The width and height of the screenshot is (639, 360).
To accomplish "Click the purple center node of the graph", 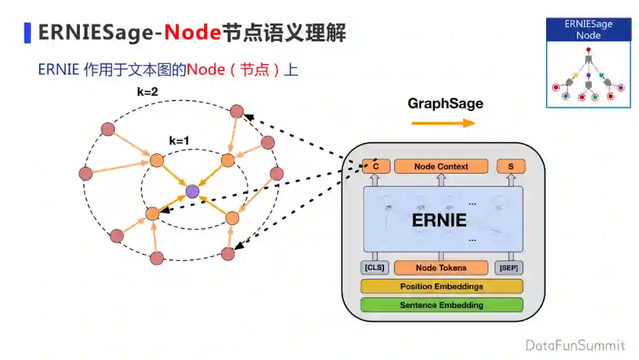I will pyautogui.click(x=192, y=191).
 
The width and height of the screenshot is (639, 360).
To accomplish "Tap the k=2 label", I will pyautogui.click(x=147, y=92).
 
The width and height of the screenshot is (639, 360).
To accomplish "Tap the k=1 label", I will pyautogui.click(x=180, y=141).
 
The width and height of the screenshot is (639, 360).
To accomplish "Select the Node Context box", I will pyautogui.click(x=441, y=166).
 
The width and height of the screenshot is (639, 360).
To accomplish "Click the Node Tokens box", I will pyautogui.click(x=441, y=268).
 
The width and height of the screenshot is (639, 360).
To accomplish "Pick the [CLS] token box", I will pyautogui.click(x=375, y=268).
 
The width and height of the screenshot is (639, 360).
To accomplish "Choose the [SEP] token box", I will pyautogui.click(x=509, y=268).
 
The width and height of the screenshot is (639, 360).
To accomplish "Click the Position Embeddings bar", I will pyautogui.click(x=441, y=287).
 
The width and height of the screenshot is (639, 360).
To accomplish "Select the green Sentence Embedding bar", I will pyautogui.click(x=441, y=305).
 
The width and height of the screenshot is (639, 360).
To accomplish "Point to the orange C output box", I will pyautogui.click(x=376, y=166).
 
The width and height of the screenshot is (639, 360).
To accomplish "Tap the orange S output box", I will pyautogui.click(x=511, y=166).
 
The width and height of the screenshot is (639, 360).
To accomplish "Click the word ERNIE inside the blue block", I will pyautogui.click(x=439, y=220).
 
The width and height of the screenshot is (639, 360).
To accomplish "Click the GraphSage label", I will pyautogui.click(x=445, y=104).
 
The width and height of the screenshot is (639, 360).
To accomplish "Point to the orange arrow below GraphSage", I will pyautogui.click(x=443, y=123).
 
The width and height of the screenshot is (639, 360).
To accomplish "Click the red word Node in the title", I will pyautogui.click(x=192, y=33).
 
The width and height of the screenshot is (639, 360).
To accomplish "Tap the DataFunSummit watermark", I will pyautogui.click(x=575, y=345).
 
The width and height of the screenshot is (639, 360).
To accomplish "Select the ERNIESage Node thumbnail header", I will pyautogui.click(x=588, y=30).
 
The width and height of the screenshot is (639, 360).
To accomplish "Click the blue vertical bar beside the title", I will pyautogui.click(x=27, y=33).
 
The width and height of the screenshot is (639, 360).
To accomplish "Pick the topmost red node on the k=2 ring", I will pyautogui.click(x=237, y=111).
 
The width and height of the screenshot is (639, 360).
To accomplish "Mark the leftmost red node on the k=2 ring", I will pyautogui.click(x=86, y=173).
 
